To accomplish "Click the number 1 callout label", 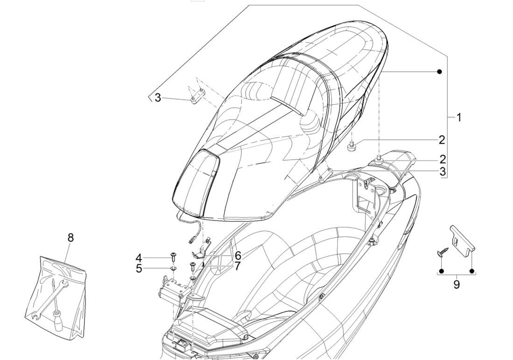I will tap(458, 117).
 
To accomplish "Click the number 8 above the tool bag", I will tap(70, 237).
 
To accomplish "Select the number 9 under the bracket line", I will tap(456, 283).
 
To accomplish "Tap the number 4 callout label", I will tap(139, 257).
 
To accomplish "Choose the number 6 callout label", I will tap(238, 255).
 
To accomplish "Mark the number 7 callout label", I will tap(238, 266).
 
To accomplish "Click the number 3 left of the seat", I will tap(158, 98).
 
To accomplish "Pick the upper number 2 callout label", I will tap(441, 139).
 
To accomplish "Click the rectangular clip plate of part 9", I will tap(463, 238).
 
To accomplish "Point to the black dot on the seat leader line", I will tap(439, 71).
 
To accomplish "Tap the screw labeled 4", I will tap(173, 256).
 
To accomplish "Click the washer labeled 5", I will tap(173, 268).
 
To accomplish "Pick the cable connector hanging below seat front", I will tap(191, 241).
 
